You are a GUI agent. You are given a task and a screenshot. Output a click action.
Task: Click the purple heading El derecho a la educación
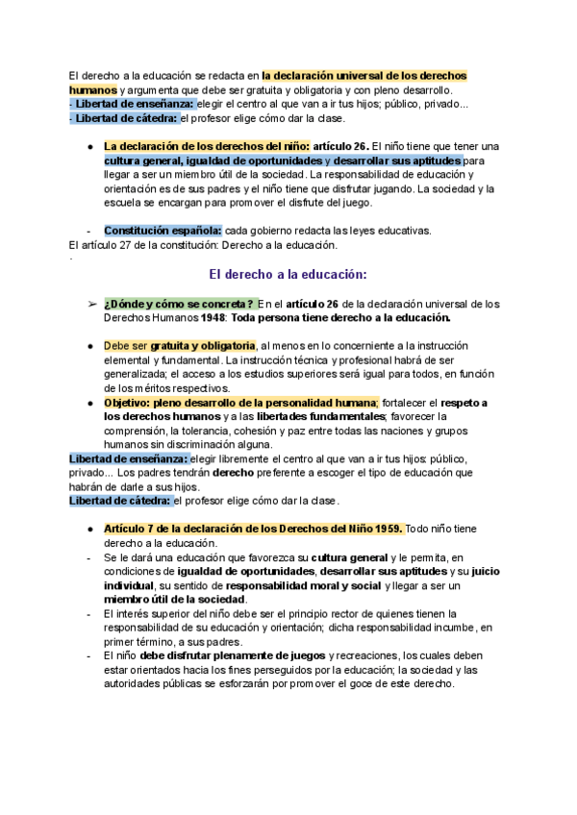point(288,274)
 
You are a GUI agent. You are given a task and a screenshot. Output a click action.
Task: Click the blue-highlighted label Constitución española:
point(163,231)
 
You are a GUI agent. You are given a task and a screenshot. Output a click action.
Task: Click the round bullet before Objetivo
point(91,403)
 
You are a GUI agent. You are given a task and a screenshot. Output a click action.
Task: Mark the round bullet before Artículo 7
point(91,530)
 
